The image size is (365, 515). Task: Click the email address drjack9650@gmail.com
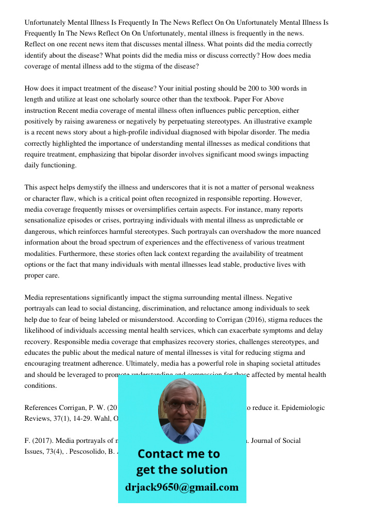point(181,487)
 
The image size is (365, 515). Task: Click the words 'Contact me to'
point(178,454)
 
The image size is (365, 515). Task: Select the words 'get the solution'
point(181,470)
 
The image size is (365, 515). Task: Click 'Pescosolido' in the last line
point(88,452)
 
